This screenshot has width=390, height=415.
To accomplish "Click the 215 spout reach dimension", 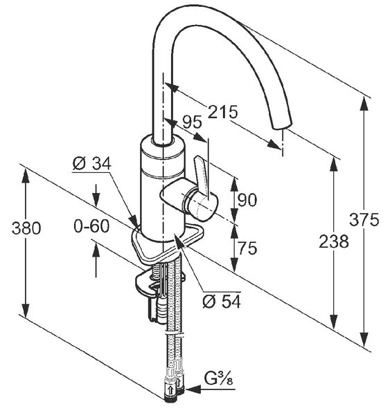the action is pyautogui.click(x=222, y=111).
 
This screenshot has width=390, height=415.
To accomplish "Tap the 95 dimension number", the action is pyautogui.click(x=192, y=122).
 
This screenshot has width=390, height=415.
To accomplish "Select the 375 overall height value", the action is pyautogui.click(x=364, y=219).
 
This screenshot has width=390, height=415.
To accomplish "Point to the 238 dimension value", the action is pyautogui.click(x=333, y=241).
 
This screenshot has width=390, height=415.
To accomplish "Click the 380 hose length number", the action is pyautogui.click(x=26, y=228).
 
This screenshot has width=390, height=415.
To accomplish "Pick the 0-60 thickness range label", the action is pyautogui.click(x=91, y=226).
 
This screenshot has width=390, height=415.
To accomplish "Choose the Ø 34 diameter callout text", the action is pyautogui.click(x=91, y=163).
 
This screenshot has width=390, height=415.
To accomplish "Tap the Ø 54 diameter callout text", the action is pyautogui.click(x=222, y=301).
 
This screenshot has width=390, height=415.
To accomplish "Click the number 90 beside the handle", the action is pyautogui.click(x=247, y=200).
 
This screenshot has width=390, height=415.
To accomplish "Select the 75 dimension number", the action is pyautogui.click(x=247, y=248).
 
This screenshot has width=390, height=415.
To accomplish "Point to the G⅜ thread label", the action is pyautogui.click(x=218, y=379).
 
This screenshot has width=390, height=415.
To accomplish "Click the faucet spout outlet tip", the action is pyautogui.click(x=283, y=126).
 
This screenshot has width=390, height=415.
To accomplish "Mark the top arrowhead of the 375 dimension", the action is pyautogui.click(x=364, y=104).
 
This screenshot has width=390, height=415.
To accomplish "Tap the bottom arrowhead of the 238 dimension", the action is pyautogui.click(x=334, y=322).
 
